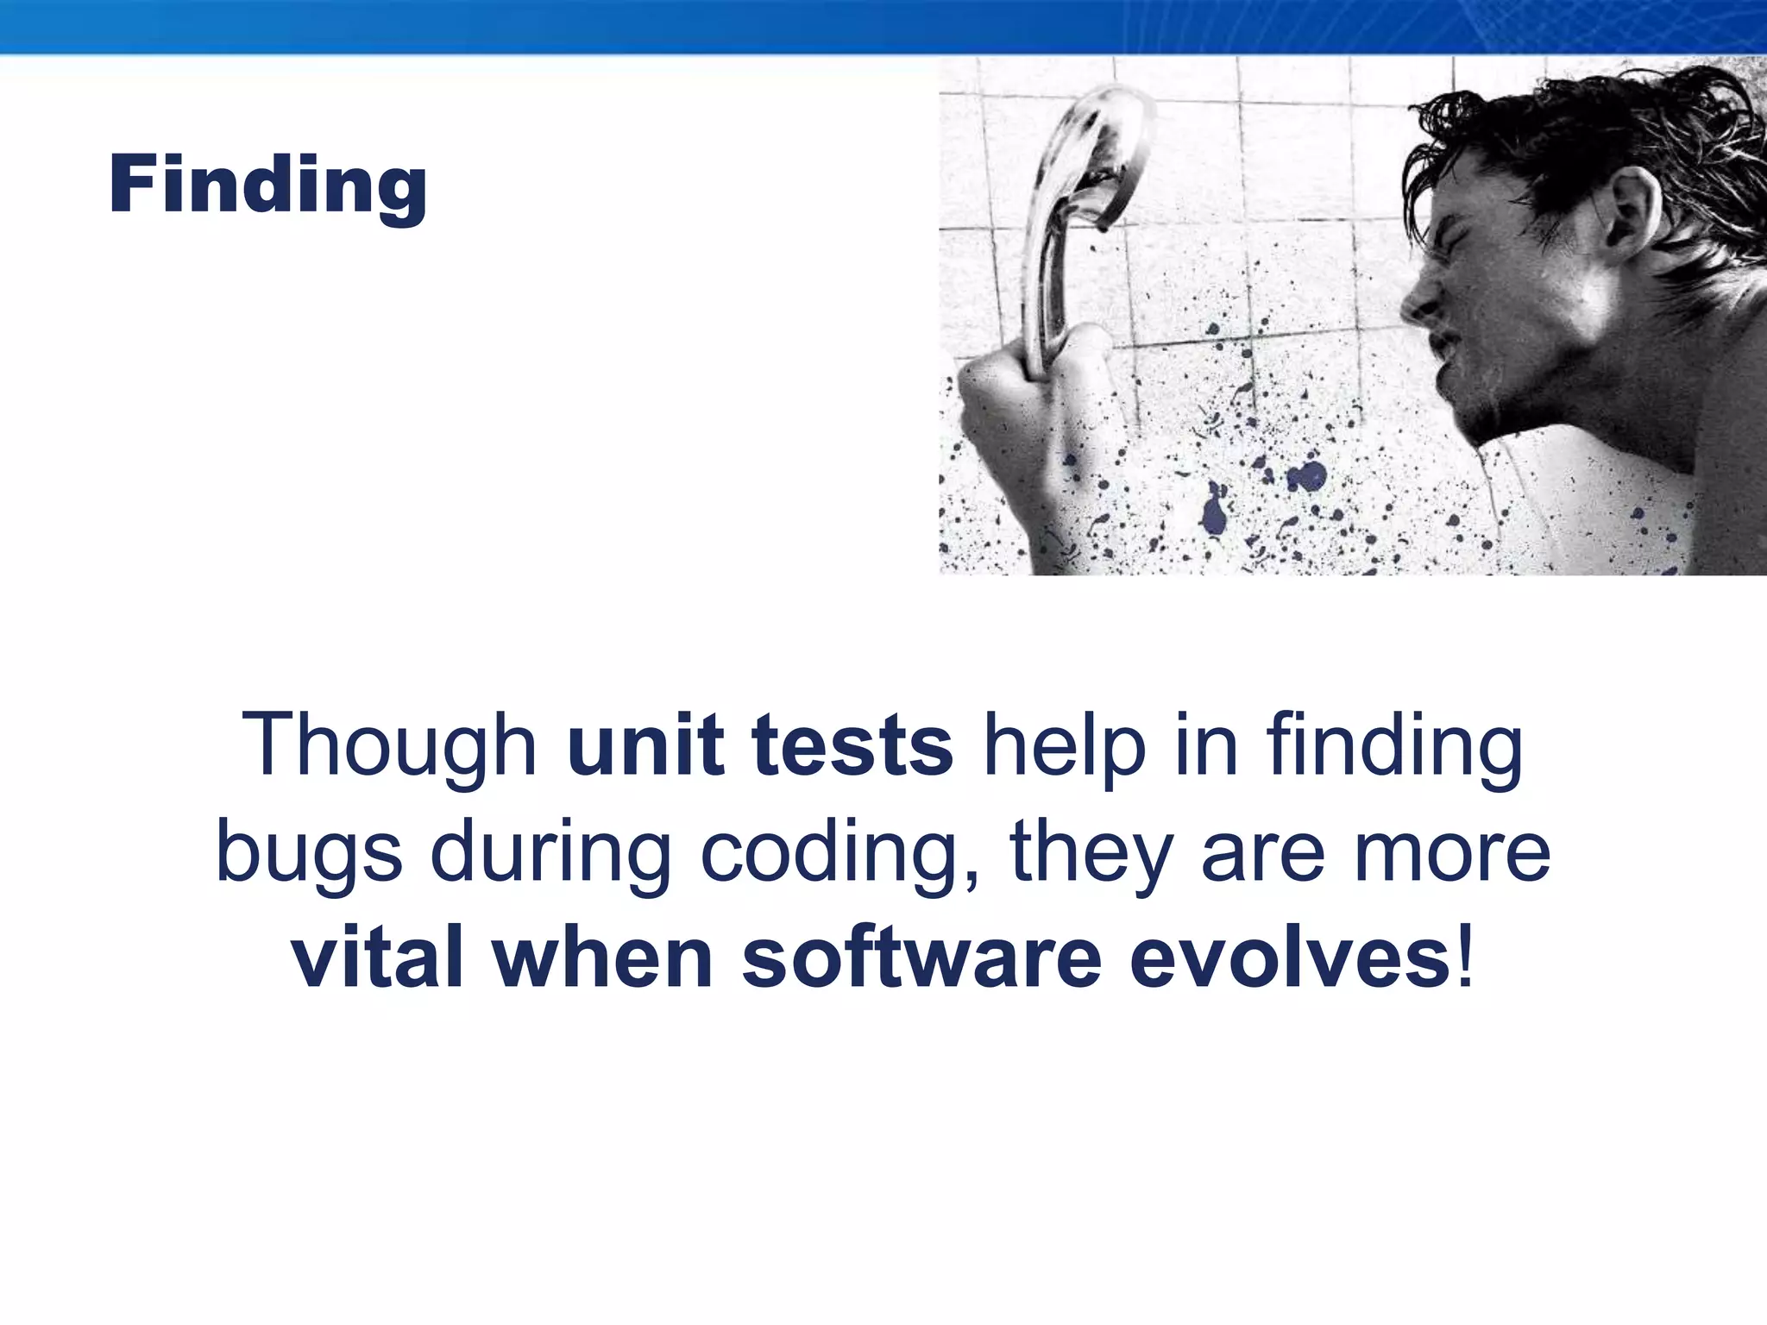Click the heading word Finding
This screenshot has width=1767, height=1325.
(267, 185)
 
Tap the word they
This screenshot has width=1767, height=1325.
(1091, 852)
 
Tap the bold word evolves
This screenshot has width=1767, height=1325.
(1289, 959)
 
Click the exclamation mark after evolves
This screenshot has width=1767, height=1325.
(1465, 959)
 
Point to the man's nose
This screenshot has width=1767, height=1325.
(1419, 298)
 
